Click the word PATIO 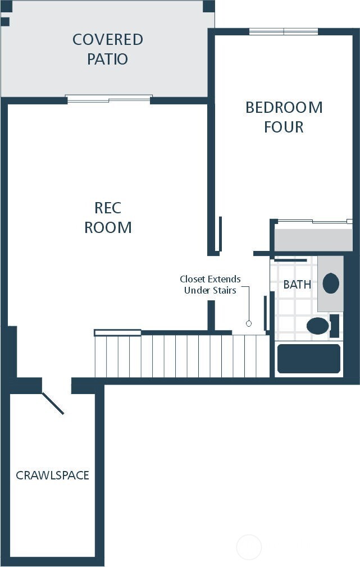coord(107,59)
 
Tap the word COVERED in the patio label coord(108,39)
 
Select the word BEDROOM coord(284,107)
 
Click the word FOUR coord(284,127)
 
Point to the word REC coord(108,208)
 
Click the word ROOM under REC coord(108,227)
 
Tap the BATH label coord(297,285)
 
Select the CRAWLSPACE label coord(52,475)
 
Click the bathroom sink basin coord(331,283)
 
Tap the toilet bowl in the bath coord(318,326)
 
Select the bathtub coord(309,358)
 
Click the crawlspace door coord(53,403)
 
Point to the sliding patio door coord(109,99)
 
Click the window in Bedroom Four coord(284,31)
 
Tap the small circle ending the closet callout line coord(249,323)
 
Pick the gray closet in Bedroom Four coord(313,239)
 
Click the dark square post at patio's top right coord(209,6)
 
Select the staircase coord(181,356)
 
